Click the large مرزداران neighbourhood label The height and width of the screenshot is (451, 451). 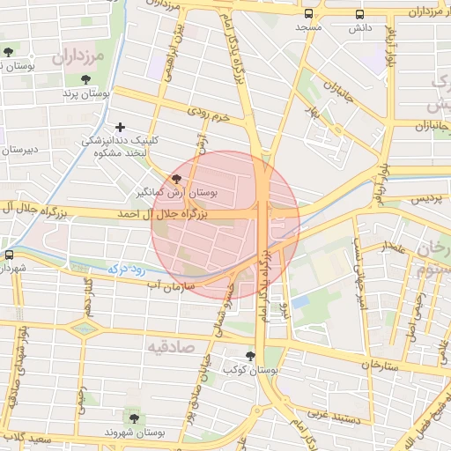point(78,59)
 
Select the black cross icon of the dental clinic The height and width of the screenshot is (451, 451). point(120,127)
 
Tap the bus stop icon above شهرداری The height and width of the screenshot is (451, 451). point(9,255)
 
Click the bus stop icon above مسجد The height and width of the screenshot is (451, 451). point(308,14)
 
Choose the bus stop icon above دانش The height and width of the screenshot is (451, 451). point(359,14)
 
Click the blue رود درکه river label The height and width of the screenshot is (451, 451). point(123,266)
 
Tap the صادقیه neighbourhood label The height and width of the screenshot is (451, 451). point(171,344)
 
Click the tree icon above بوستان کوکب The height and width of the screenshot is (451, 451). point(252,357)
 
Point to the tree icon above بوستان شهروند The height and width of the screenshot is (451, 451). point(134,418)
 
